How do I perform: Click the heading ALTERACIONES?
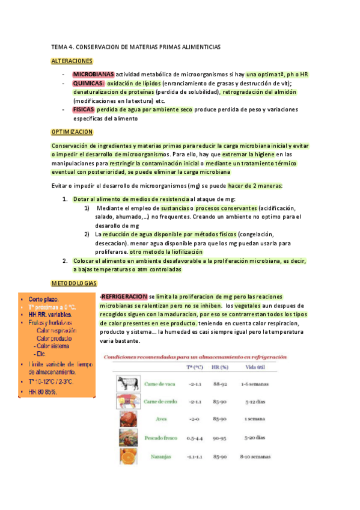pos(72,61)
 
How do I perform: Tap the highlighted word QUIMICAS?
pos(88,83)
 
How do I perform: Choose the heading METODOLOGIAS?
pos(75,283)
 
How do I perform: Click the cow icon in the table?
pos(127,383)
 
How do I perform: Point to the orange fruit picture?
pos(127,456)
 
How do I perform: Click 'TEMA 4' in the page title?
pos(63,46)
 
